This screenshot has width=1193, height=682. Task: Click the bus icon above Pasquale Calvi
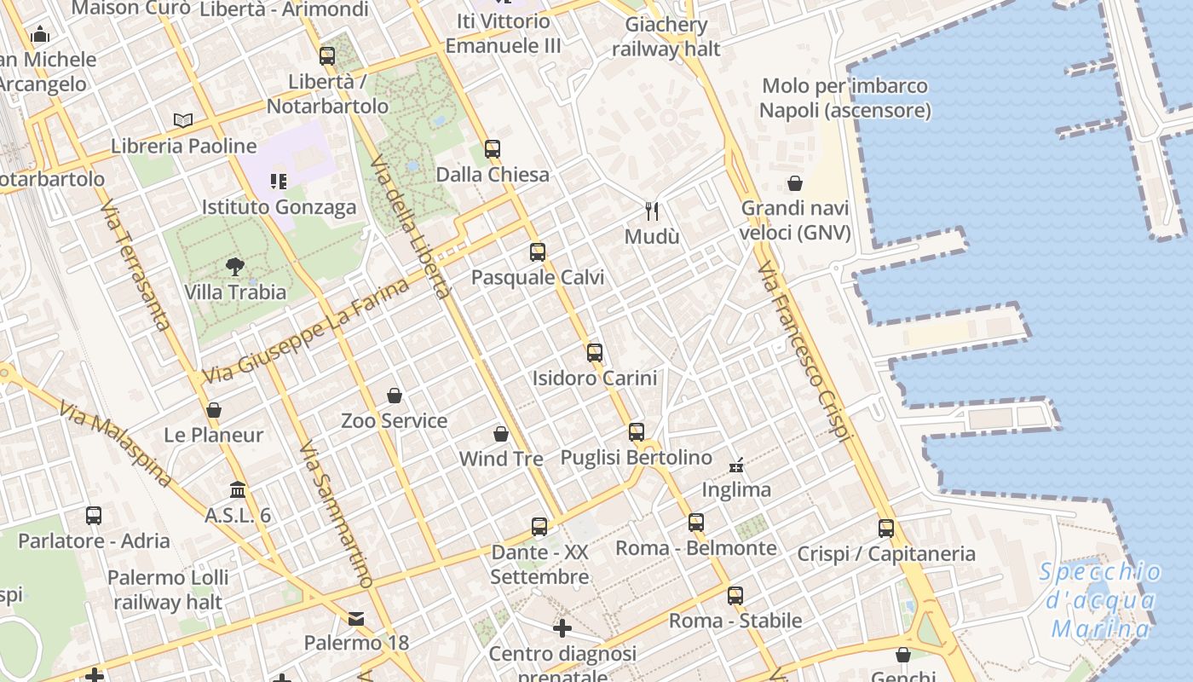537,251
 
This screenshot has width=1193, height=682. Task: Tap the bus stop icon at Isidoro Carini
594,352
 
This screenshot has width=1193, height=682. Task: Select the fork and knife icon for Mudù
652,211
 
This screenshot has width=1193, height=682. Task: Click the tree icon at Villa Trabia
235,267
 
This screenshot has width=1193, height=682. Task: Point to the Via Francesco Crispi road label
804,351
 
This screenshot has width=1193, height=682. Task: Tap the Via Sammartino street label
336,514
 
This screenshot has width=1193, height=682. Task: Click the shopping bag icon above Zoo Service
395,396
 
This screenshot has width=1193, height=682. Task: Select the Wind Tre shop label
501,459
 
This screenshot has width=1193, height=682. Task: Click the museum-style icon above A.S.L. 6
238,490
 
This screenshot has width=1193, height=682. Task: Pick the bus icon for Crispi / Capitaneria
886,528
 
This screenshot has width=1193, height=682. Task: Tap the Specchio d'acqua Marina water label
1100,600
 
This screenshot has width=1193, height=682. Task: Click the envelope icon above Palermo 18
356,618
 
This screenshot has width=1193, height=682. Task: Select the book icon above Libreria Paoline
183,120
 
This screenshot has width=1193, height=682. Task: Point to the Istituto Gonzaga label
279,207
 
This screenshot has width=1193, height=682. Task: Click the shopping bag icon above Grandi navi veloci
795,183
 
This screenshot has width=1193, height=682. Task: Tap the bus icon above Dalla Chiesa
492,149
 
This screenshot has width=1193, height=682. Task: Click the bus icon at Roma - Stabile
735,596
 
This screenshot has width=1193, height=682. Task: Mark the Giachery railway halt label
666,37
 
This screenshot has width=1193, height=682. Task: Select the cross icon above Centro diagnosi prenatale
562,628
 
